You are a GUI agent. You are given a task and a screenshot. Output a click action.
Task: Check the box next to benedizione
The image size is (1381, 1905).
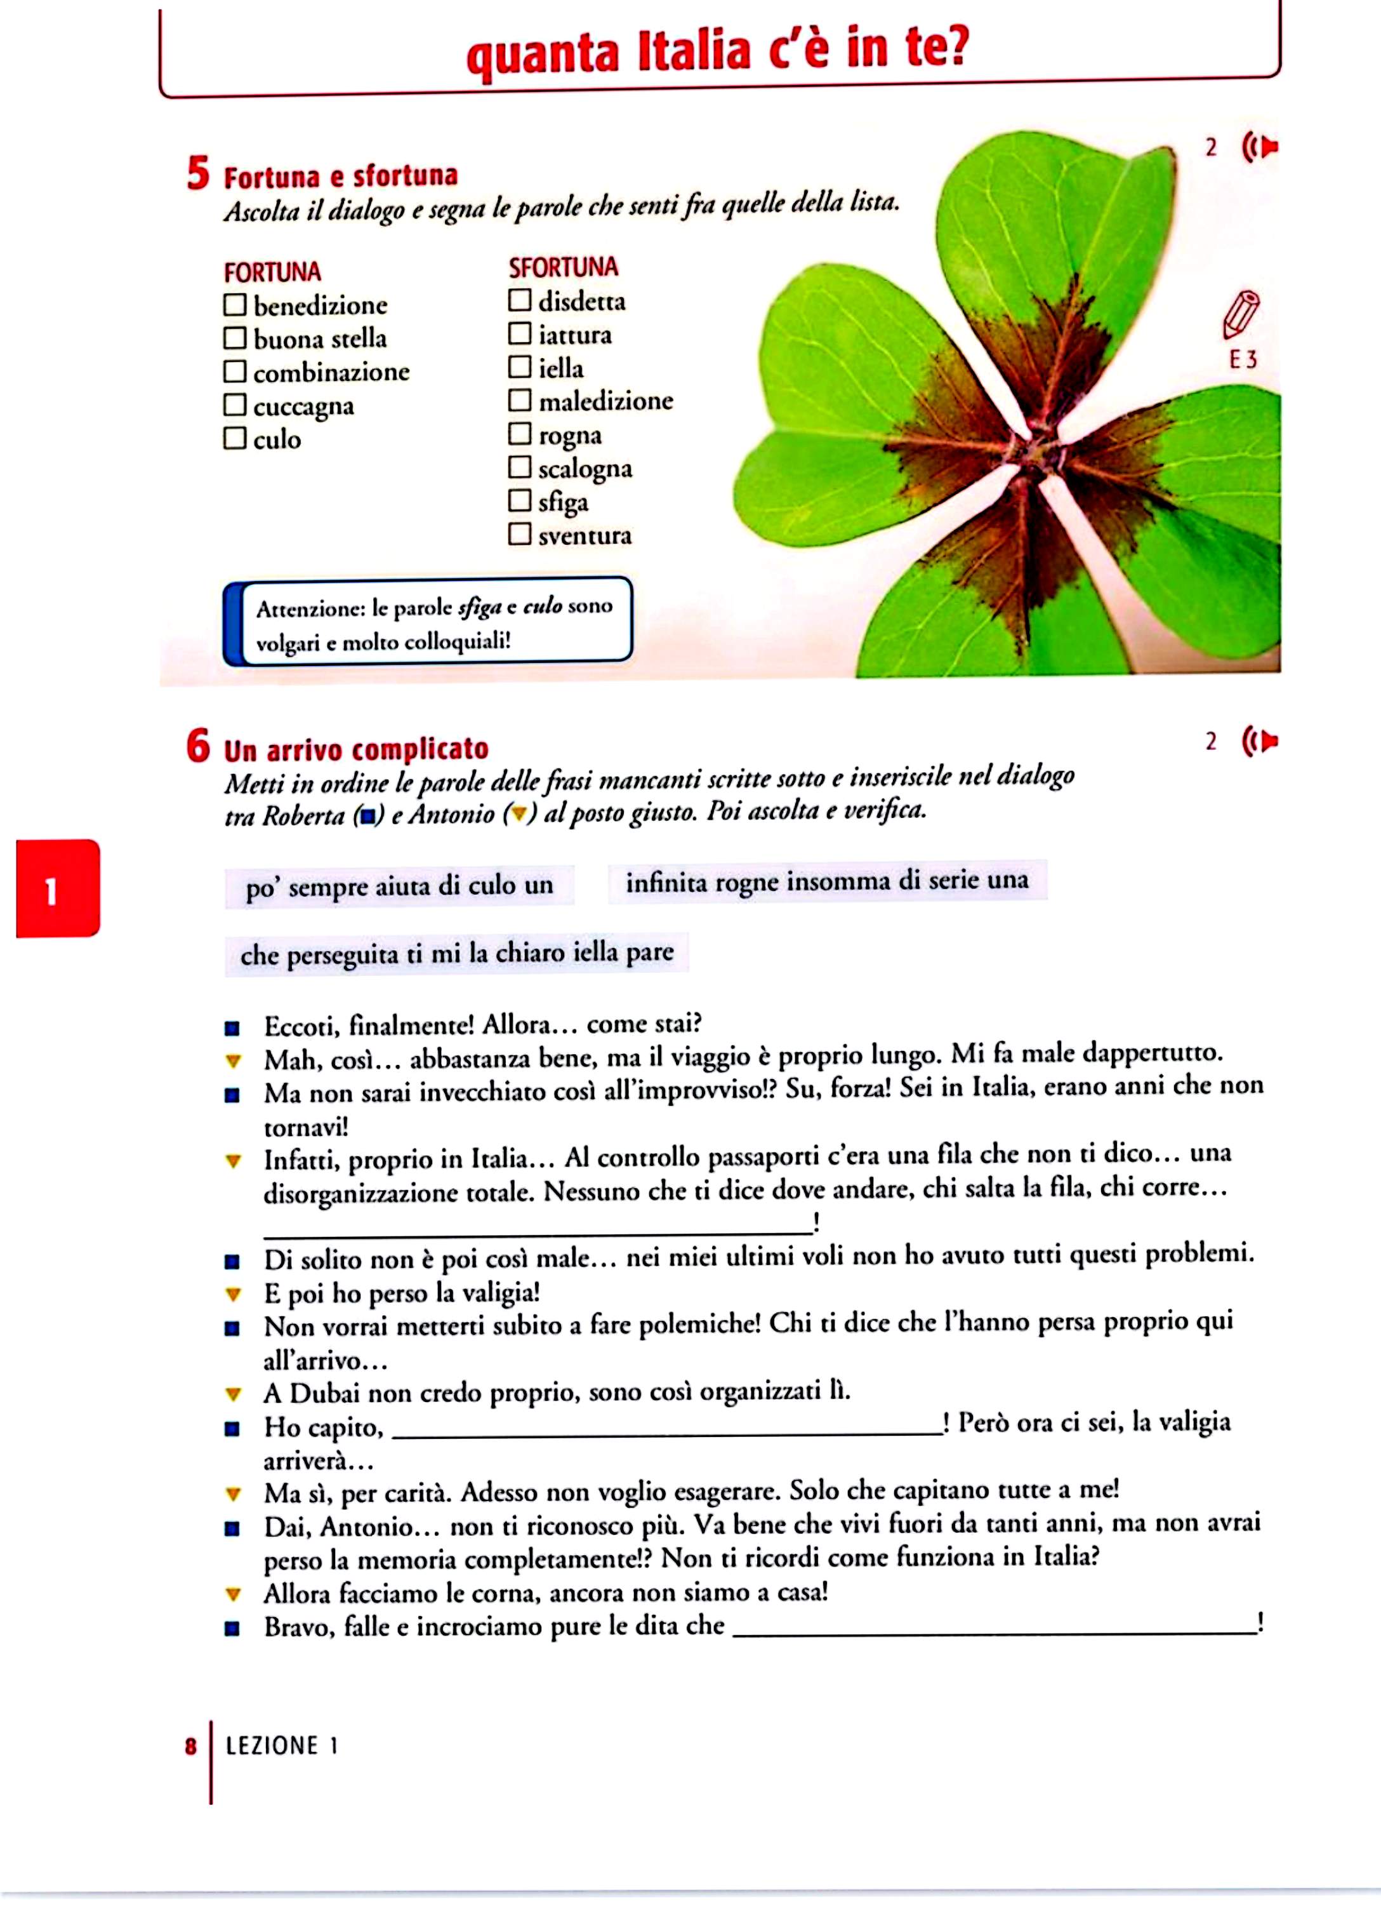(x=234, y=304)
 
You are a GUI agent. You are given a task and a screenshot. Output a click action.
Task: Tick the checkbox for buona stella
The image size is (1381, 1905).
(x=234, y=338)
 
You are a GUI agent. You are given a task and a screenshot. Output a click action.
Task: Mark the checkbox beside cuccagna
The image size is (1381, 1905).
(x=234, y=405)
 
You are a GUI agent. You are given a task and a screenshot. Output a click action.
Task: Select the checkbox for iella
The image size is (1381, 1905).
(x=520, y=367)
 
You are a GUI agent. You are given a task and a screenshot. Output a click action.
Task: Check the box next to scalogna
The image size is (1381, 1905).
(x=520, y=467)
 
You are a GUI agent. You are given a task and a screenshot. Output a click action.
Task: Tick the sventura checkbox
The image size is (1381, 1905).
(x=520, y=534)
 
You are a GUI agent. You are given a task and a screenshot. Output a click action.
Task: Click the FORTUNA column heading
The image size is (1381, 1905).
(x=272, y=272)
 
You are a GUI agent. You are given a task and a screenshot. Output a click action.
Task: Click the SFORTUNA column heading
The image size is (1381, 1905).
(x=562, y=268)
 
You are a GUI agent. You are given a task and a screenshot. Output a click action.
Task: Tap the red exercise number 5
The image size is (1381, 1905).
(x=198, y=174)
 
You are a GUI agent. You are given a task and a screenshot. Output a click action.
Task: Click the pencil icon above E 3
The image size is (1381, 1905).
(x=1241, y=314)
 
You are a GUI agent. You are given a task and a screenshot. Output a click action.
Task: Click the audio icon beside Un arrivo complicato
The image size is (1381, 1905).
(x=1259, y=742)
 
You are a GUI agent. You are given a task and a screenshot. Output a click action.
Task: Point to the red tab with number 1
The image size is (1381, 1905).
(x=58, y=888)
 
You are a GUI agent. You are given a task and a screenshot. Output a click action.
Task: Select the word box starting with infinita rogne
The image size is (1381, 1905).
(x=826, y=882)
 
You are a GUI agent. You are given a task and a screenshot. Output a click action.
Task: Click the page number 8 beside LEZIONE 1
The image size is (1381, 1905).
(x=190, y=1747)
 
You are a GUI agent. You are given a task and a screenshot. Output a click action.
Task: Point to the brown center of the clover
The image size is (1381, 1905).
(x=1028, y=453)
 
